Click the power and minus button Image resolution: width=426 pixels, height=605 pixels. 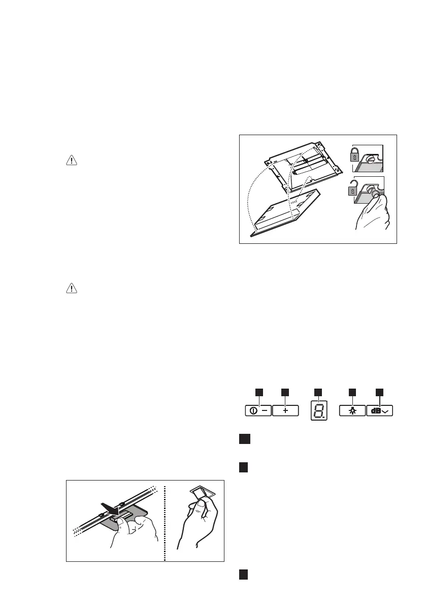click(x=258, y=411)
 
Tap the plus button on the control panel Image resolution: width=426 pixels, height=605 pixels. click(x=285, y=411)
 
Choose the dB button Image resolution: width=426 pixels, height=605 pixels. click(x=380, y=411)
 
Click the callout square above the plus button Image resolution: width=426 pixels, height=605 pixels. click(x=284, y=392)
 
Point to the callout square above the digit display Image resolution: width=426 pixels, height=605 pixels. click(x=318, y=392)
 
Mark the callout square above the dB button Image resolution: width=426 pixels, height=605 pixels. click(x=379, y=392)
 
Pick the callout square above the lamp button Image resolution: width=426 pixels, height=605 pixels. click(x=351, y=392)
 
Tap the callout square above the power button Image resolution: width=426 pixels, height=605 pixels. click(x=258, y=392)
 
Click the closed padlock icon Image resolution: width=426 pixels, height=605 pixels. click(x=354, y=154)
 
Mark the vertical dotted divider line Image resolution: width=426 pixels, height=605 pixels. click(x=165, y=520)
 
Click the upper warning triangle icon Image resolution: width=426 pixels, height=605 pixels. click(x=71, y=160)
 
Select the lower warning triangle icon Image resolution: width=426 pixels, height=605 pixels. click(x=71, y=289)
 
